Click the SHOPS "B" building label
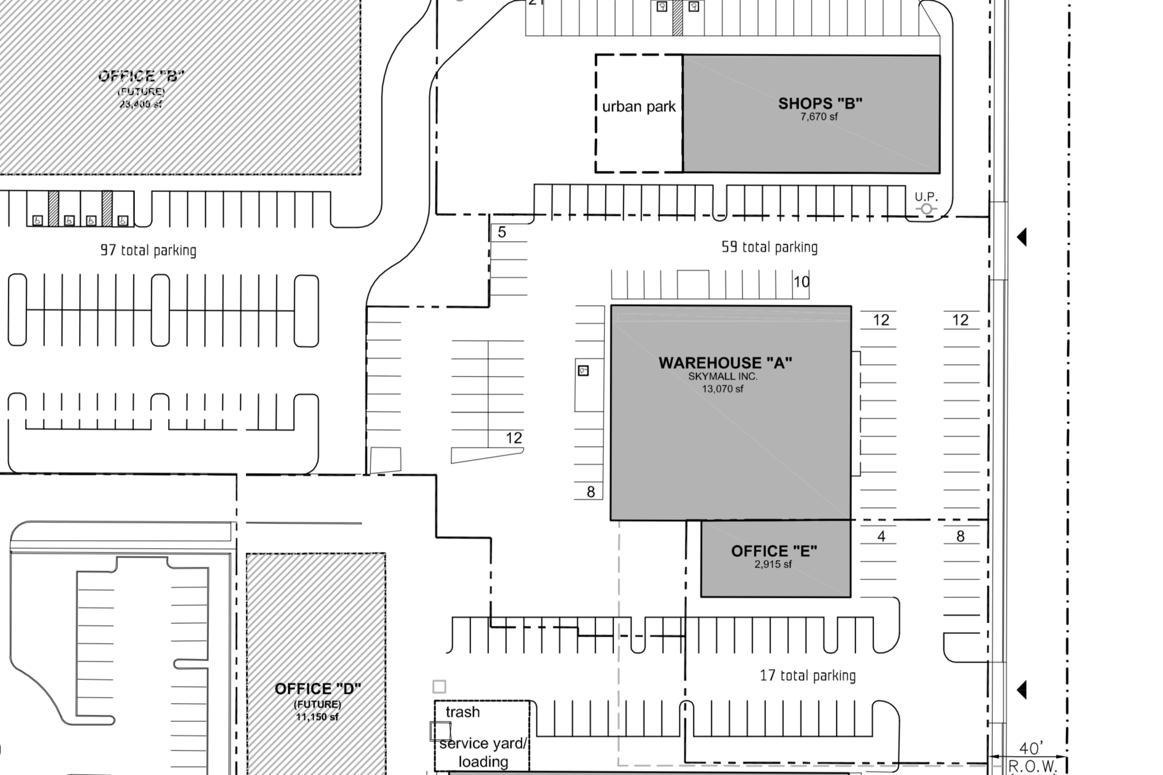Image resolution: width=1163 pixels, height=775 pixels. point(820,103)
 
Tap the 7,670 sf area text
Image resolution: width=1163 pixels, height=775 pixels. point(819,117)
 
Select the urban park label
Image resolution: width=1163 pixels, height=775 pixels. point(639,107)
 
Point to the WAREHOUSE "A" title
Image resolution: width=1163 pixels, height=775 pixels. point(725,363)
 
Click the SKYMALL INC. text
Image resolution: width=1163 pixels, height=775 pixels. point(723,377)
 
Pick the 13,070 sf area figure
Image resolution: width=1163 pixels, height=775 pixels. point(722,389)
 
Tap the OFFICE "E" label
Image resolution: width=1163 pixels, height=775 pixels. point(774,551)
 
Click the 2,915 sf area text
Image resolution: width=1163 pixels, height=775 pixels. point(773,564)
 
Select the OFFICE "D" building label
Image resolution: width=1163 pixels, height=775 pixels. point(318,689)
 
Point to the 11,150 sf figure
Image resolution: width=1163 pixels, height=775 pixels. point(317,717)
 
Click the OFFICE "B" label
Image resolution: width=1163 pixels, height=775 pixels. point(141,76)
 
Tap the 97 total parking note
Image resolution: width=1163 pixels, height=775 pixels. point(148,250)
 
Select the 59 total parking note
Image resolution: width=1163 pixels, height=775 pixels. point(769,247)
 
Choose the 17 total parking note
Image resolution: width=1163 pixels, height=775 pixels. point(807,676)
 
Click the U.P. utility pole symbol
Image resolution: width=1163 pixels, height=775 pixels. point(926,209)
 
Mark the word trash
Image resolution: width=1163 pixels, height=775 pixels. point(462,712)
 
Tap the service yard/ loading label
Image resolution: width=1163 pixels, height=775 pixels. point(483,753)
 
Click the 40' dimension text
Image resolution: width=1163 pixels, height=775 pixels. point(1031,748)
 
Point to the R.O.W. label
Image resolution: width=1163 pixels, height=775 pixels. point(1032,766)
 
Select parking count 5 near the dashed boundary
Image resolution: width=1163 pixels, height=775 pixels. point(502,232)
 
